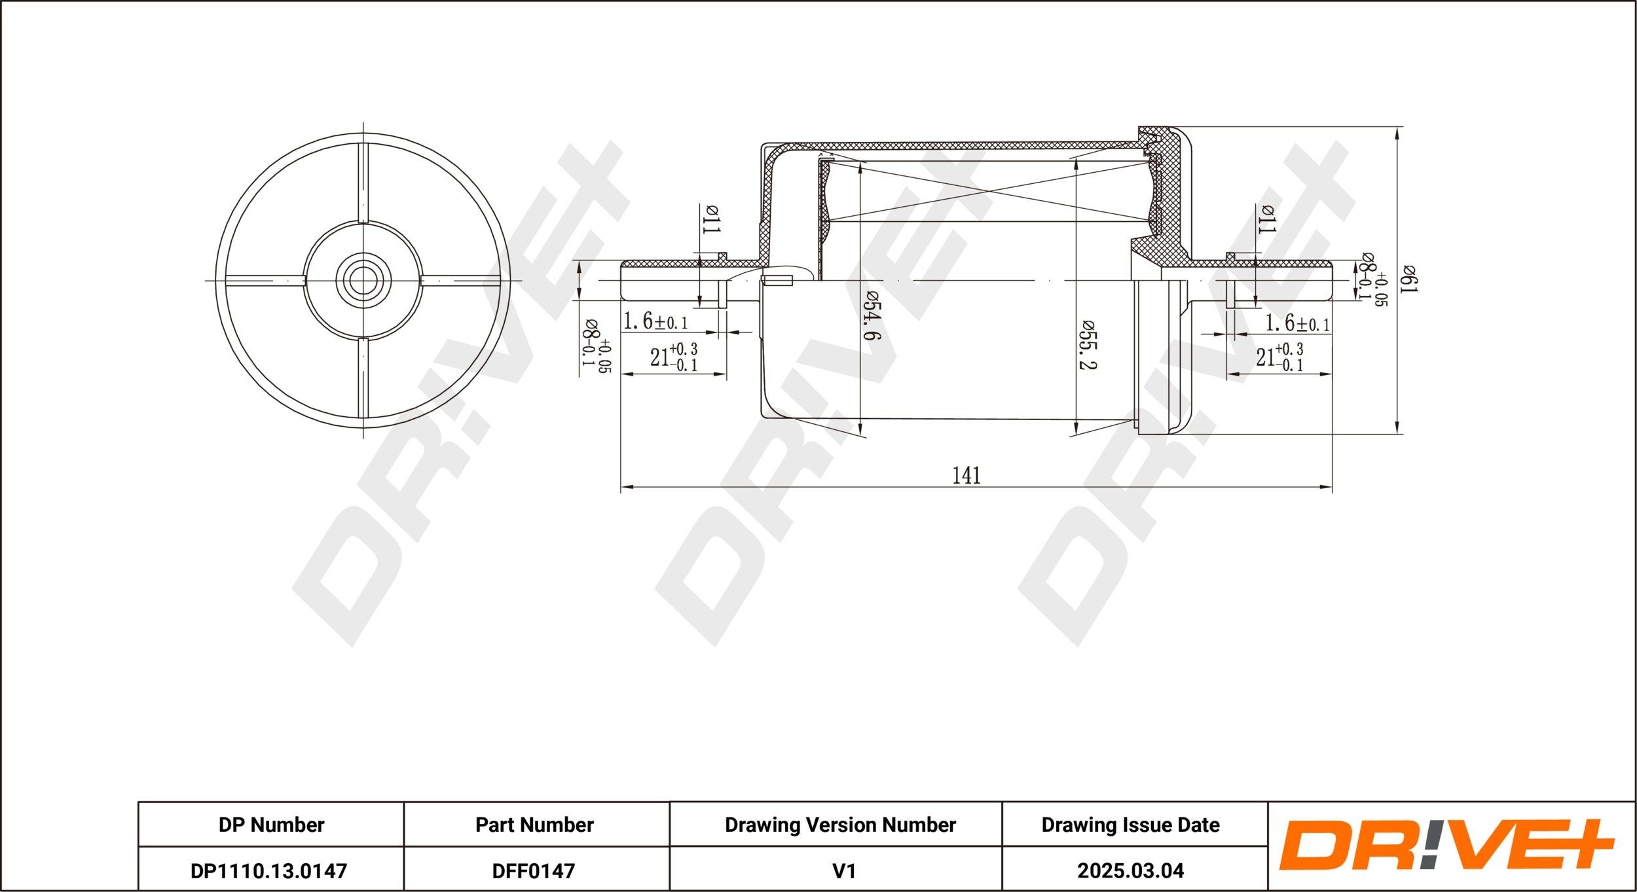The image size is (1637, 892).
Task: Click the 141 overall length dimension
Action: click(966, 476)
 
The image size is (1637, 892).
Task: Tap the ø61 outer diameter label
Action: click(1409, 279)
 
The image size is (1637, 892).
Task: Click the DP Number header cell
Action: click(271, 825)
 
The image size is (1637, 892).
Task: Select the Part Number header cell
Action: click(534, 825)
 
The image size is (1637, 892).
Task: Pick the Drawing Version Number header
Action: click(840, 825)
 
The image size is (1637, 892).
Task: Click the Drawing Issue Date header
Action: click(1130, 825)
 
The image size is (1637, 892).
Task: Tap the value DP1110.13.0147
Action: click(268, 871)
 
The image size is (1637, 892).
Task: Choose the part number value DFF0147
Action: click(534, 871)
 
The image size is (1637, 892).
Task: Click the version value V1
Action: click(844, 871)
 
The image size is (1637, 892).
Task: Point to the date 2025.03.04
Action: click(1130, 871)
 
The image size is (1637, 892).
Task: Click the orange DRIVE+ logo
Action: click(1446, 845)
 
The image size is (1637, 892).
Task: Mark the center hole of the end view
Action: click(360, 281)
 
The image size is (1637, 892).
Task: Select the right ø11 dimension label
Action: click(1267, 220)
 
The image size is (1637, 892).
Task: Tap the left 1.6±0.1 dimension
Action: click(655, 321)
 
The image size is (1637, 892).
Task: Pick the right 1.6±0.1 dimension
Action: click(1297, 323)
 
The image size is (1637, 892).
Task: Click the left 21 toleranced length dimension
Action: click(673, 357)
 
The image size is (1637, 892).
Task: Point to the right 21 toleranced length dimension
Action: click(1279, 357)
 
